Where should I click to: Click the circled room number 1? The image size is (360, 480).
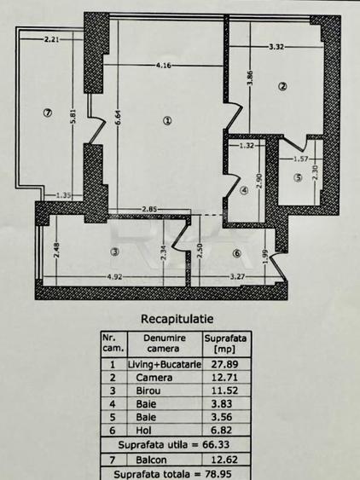pos(167,121)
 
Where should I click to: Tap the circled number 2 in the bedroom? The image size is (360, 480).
pos(282,87)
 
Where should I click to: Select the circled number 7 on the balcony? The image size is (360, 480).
pos(47,113)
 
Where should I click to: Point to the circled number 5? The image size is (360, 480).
pos(298,177)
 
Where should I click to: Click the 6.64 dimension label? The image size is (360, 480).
pos(119,118)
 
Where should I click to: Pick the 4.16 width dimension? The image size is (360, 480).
pos(163,65)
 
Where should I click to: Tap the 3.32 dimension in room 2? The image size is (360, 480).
pos(276,47)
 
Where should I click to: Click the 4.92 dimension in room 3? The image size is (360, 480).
pos(114,277)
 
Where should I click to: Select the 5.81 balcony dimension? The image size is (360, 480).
pos(73,116)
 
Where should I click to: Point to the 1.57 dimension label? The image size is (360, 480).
pos(301,159)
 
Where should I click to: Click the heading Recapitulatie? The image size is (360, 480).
pos(177,319)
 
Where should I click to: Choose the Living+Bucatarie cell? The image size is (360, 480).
pos(165,364)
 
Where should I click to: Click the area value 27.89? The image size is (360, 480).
pos(224,364)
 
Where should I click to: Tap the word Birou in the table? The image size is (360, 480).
pos(148,390)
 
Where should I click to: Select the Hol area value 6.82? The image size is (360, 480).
pos(222,430)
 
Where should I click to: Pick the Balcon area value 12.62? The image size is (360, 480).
pos(224,460)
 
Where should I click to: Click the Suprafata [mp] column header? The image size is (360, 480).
pos(225,344)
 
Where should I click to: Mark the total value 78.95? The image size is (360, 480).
pos(218,474)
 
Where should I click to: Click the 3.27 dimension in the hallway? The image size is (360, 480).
pos(237,277)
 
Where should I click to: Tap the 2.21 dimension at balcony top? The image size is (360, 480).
pos(52,39)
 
